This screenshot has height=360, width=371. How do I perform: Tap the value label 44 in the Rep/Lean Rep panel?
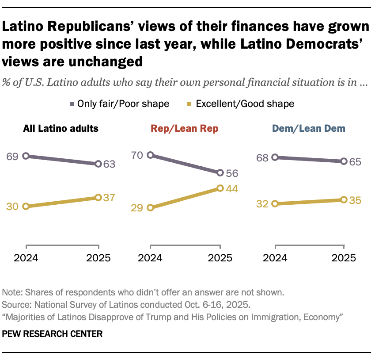232,189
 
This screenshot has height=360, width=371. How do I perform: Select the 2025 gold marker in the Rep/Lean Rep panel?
220,188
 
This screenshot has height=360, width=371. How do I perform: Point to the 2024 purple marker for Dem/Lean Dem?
275,157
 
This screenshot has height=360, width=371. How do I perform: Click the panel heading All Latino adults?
61,129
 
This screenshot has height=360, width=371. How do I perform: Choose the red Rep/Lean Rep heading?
185,129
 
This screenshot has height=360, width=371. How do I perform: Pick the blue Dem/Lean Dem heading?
309,129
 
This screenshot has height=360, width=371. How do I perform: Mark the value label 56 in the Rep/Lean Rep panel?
232,173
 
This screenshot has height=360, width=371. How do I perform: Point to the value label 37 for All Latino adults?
108,198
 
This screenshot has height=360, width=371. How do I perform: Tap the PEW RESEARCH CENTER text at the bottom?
52,334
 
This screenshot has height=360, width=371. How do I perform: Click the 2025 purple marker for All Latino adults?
98,164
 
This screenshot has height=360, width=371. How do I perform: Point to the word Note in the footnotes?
11,292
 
